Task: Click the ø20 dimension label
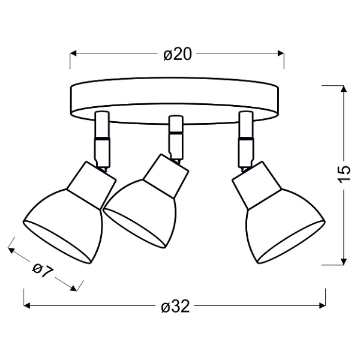[178, 55]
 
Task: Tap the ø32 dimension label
[176, 307]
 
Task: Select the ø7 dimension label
[43, 271]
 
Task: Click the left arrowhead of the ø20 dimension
[73, 53]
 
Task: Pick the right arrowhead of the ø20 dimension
[281, 53]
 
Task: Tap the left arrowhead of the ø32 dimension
[26, 305]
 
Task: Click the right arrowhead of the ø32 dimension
[322, 305]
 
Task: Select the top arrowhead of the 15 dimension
[344, 89]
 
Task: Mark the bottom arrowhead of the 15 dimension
[344, 262]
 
